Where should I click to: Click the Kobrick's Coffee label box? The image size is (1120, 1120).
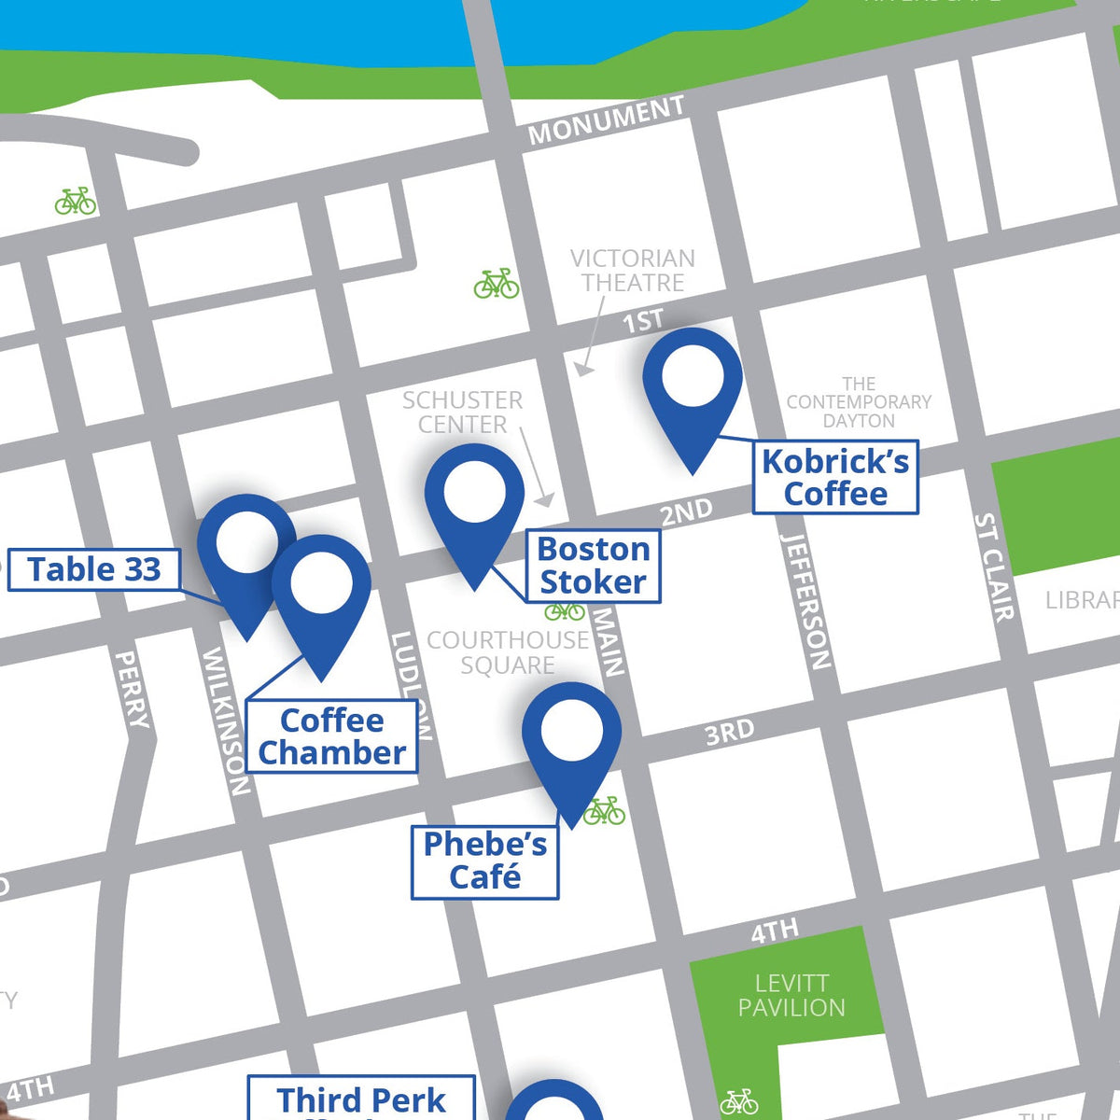835,477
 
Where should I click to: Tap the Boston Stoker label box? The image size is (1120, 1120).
594,566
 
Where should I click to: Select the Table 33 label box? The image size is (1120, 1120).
93,569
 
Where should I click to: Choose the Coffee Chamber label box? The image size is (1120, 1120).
331,736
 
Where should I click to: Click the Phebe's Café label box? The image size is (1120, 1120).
484,861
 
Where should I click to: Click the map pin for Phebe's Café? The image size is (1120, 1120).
571,742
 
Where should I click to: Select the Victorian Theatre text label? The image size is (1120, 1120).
632,270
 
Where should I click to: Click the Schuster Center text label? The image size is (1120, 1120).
462,413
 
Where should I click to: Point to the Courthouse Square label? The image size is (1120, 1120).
507,652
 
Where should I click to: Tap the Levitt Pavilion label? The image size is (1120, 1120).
791,995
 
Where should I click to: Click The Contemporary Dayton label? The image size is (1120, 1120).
859,402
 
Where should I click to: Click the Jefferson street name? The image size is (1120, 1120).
805,601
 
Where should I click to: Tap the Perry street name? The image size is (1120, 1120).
132,689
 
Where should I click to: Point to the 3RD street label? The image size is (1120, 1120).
729,733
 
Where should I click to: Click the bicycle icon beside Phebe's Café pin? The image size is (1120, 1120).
605,811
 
